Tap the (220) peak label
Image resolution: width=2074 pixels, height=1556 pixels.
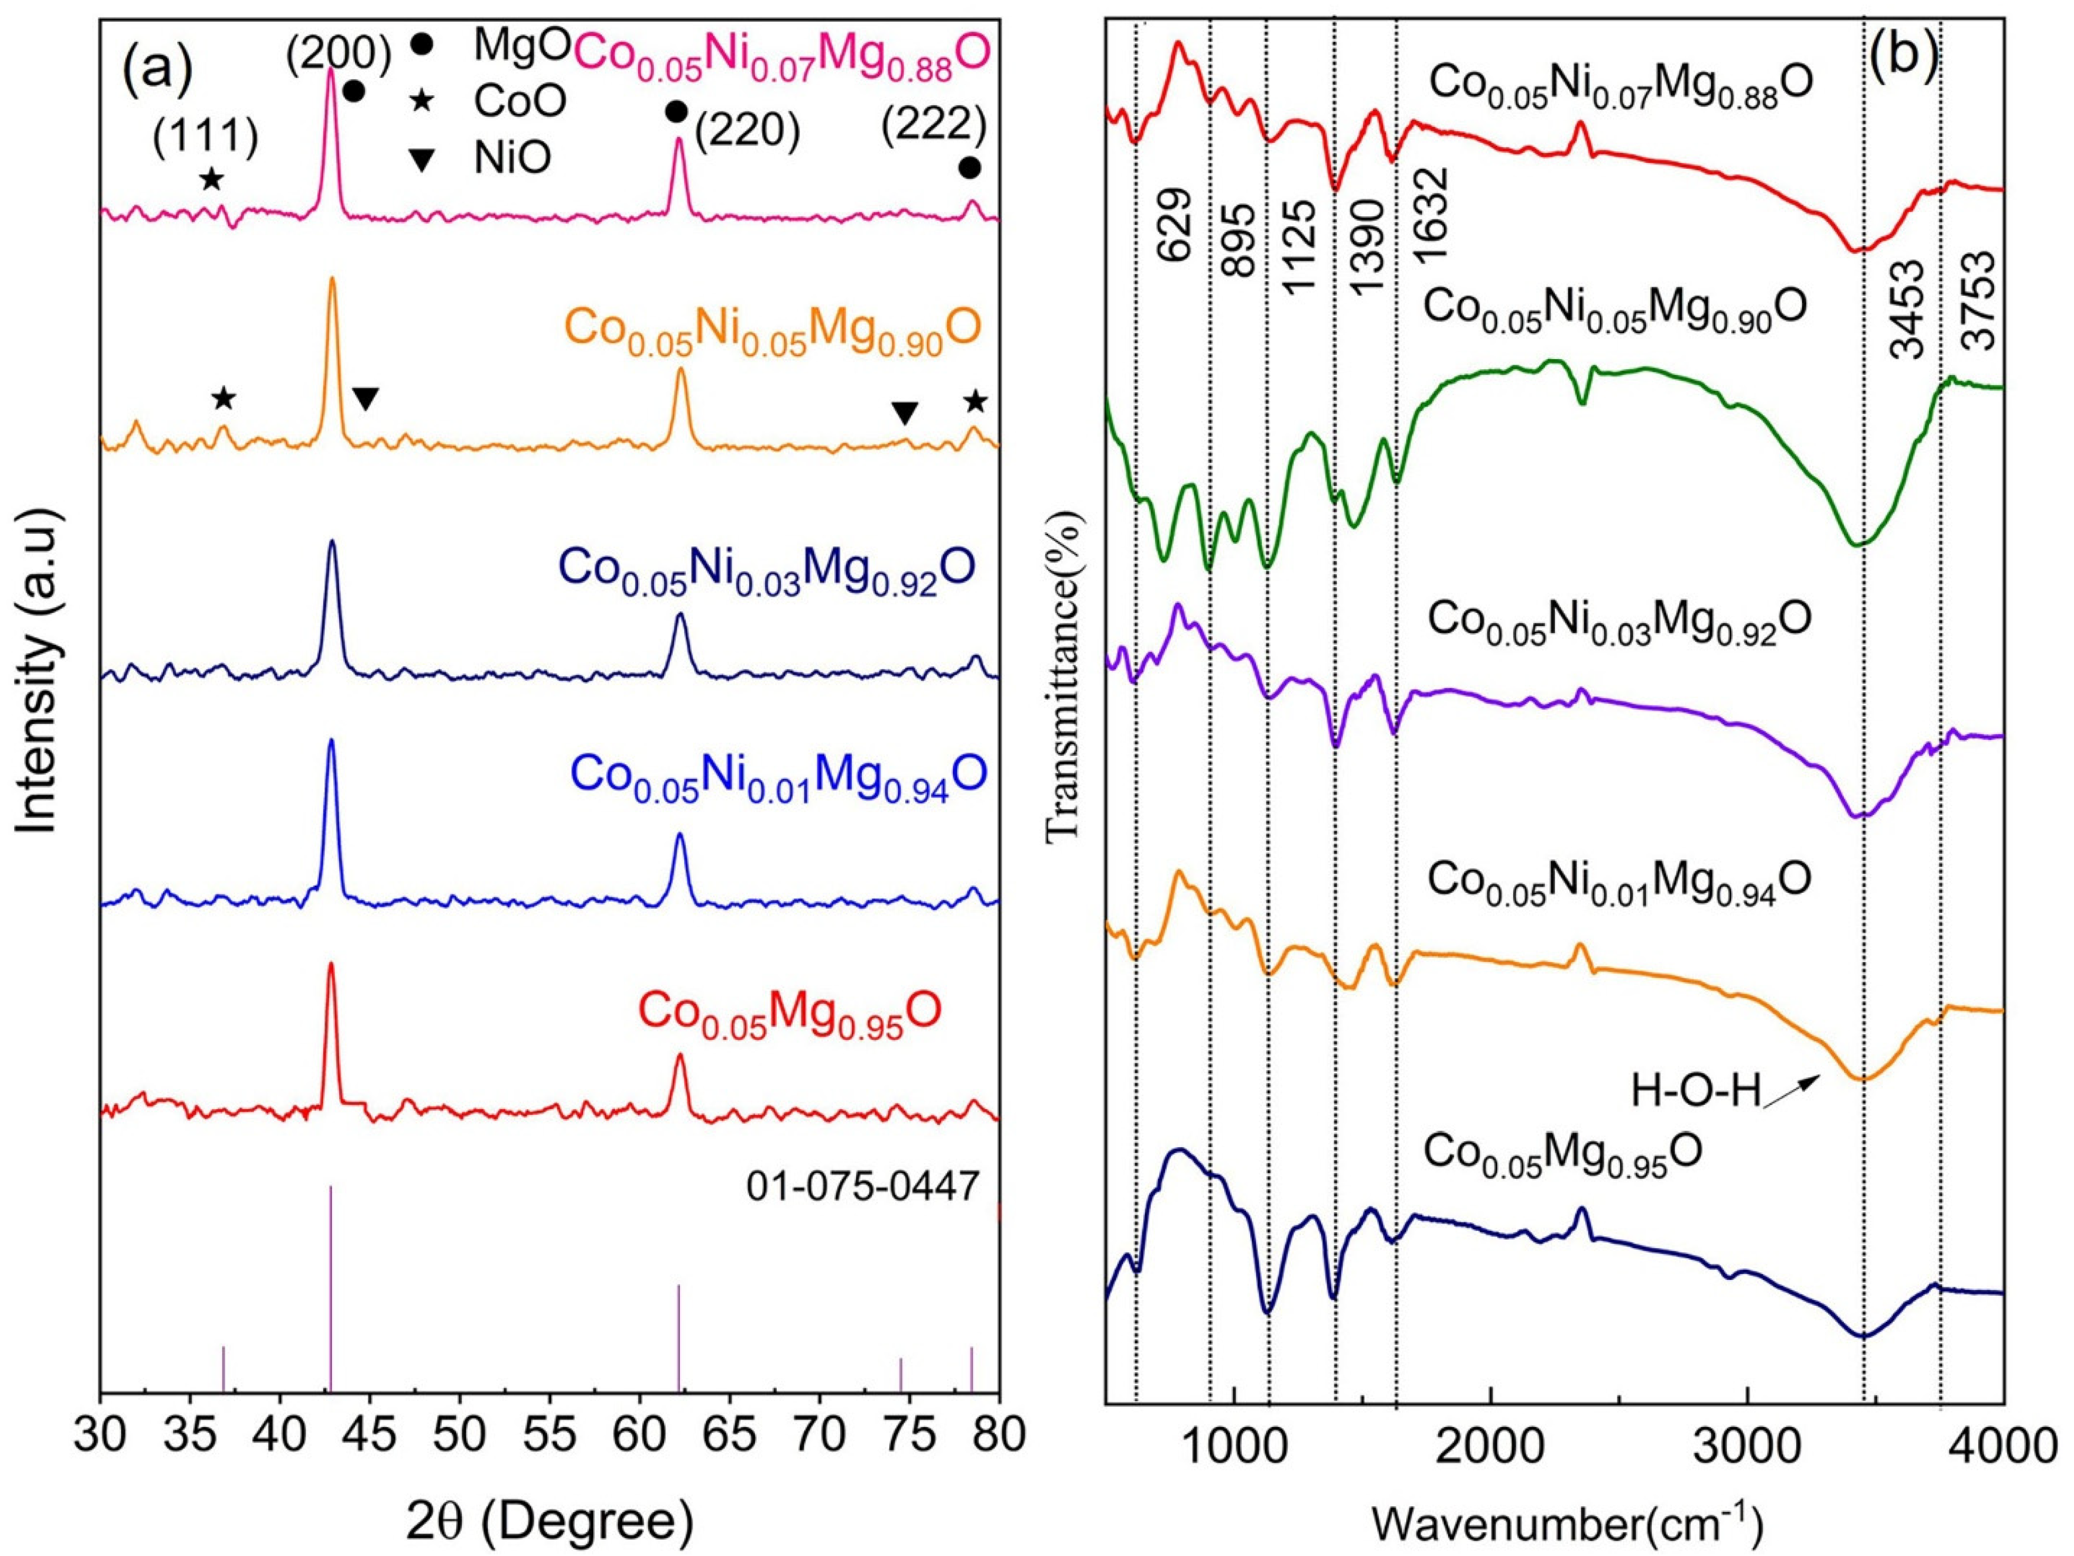(747, 133)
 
